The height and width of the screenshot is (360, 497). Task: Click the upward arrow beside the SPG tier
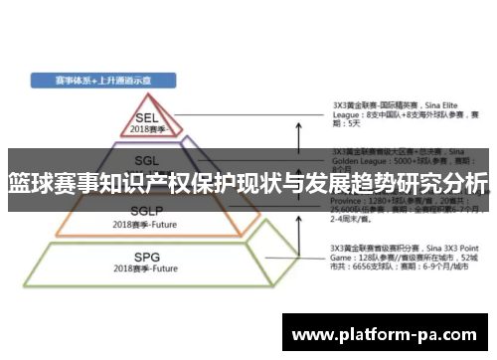pyautogui.click(x=298, y=261)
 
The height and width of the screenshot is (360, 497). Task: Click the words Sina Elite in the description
pyautogui.click(x=447, y=103)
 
